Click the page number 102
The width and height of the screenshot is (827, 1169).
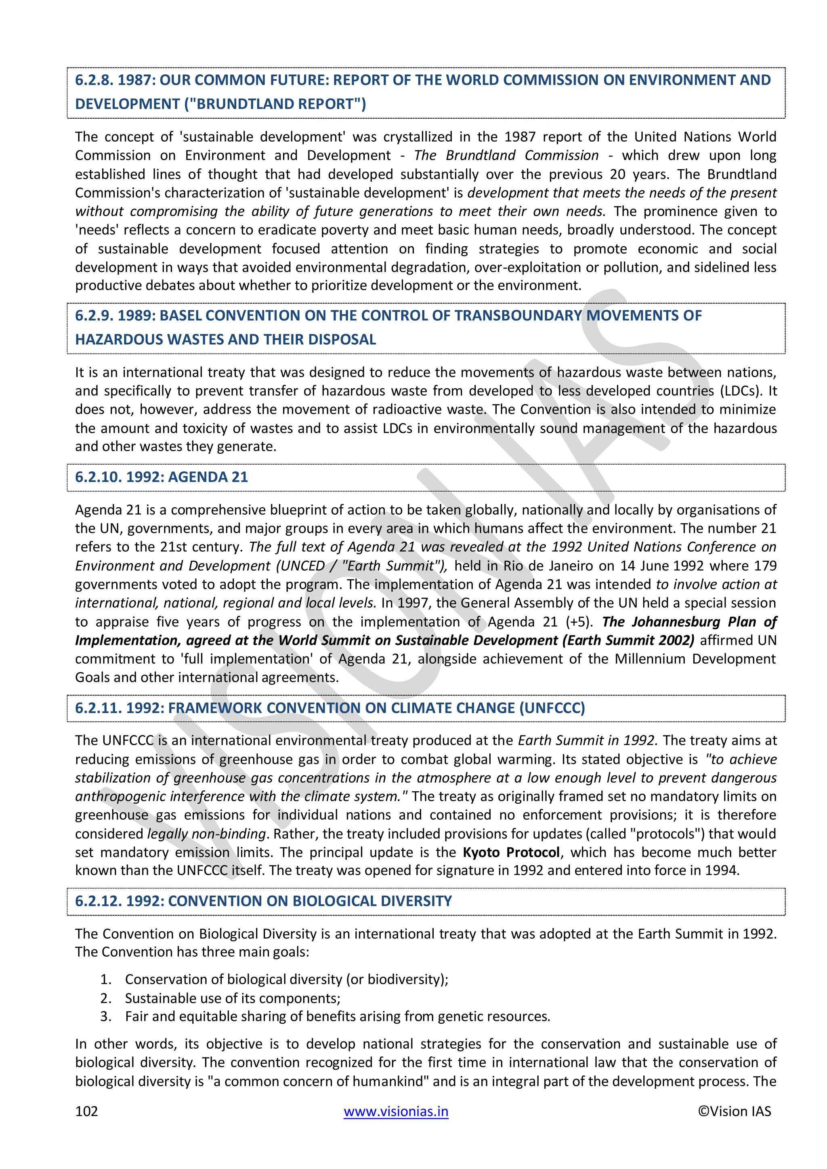[86, 1111]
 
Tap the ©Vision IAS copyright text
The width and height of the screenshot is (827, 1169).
[734, 1111]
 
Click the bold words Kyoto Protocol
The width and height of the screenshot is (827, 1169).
[511, 852]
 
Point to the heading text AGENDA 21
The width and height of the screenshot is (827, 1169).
[208, 477]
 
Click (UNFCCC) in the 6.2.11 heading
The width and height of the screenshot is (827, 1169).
[552, 708]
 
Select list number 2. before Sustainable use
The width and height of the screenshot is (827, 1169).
[105, 998]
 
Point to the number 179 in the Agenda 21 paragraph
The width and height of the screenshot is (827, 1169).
[765, 566]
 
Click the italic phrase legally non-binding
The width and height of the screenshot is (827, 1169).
[207, 834]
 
